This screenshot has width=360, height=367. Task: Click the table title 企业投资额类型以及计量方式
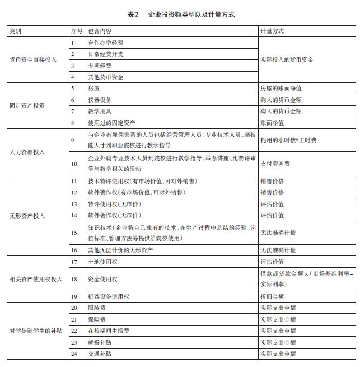191,15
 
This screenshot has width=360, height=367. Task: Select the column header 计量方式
272,30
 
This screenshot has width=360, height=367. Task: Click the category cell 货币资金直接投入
33,59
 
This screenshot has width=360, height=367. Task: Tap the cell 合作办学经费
106,43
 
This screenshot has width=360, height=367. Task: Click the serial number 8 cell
73,122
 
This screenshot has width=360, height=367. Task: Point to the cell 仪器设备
100,100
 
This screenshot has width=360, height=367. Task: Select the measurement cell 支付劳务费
275,164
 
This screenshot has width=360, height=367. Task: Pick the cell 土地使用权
103,262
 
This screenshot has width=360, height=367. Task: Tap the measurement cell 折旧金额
272,296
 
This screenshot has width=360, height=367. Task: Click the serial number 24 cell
74,354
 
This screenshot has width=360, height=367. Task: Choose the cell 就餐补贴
100,342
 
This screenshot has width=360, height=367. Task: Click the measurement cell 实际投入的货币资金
287,59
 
